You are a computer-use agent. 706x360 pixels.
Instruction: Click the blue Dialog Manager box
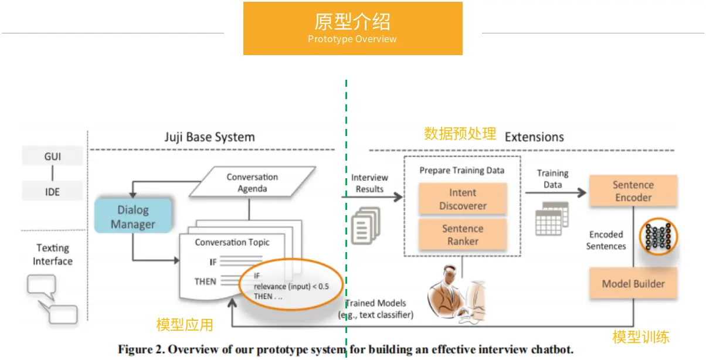[x=133, y=216]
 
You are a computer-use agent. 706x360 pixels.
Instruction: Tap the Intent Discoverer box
[x=463, y=199]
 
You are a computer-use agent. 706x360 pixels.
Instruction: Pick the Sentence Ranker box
[x=463, y=235]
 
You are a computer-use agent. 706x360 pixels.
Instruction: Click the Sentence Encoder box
[x=633, y=191]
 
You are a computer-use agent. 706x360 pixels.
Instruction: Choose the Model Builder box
[x=633, y=284]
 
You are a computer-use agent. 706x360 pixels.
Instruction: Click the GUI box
[x=52, y=157]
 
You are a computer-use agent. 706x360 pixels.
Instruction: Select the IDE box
[x=52, y=192]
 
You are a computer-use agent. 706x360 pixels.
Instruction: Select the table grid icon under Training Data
[x=551, y=218]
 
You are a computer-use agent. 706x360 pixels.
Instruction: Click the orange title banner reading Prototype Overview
[x=352, y=28]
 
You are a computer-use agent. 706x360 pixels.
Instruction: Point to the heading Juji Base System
[x=209, y=137]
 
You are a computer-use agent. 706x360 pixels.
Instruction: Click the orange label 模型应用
[x=185, y=325]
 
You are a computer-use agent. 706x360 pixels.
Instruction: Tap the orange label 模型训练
[x=641, y=337]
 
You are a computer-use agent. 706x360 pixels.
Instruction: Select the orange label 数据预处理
[x=460, y=134]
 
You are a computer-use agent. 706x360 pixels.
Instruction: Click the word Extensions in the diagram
[x=534, y=137]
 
